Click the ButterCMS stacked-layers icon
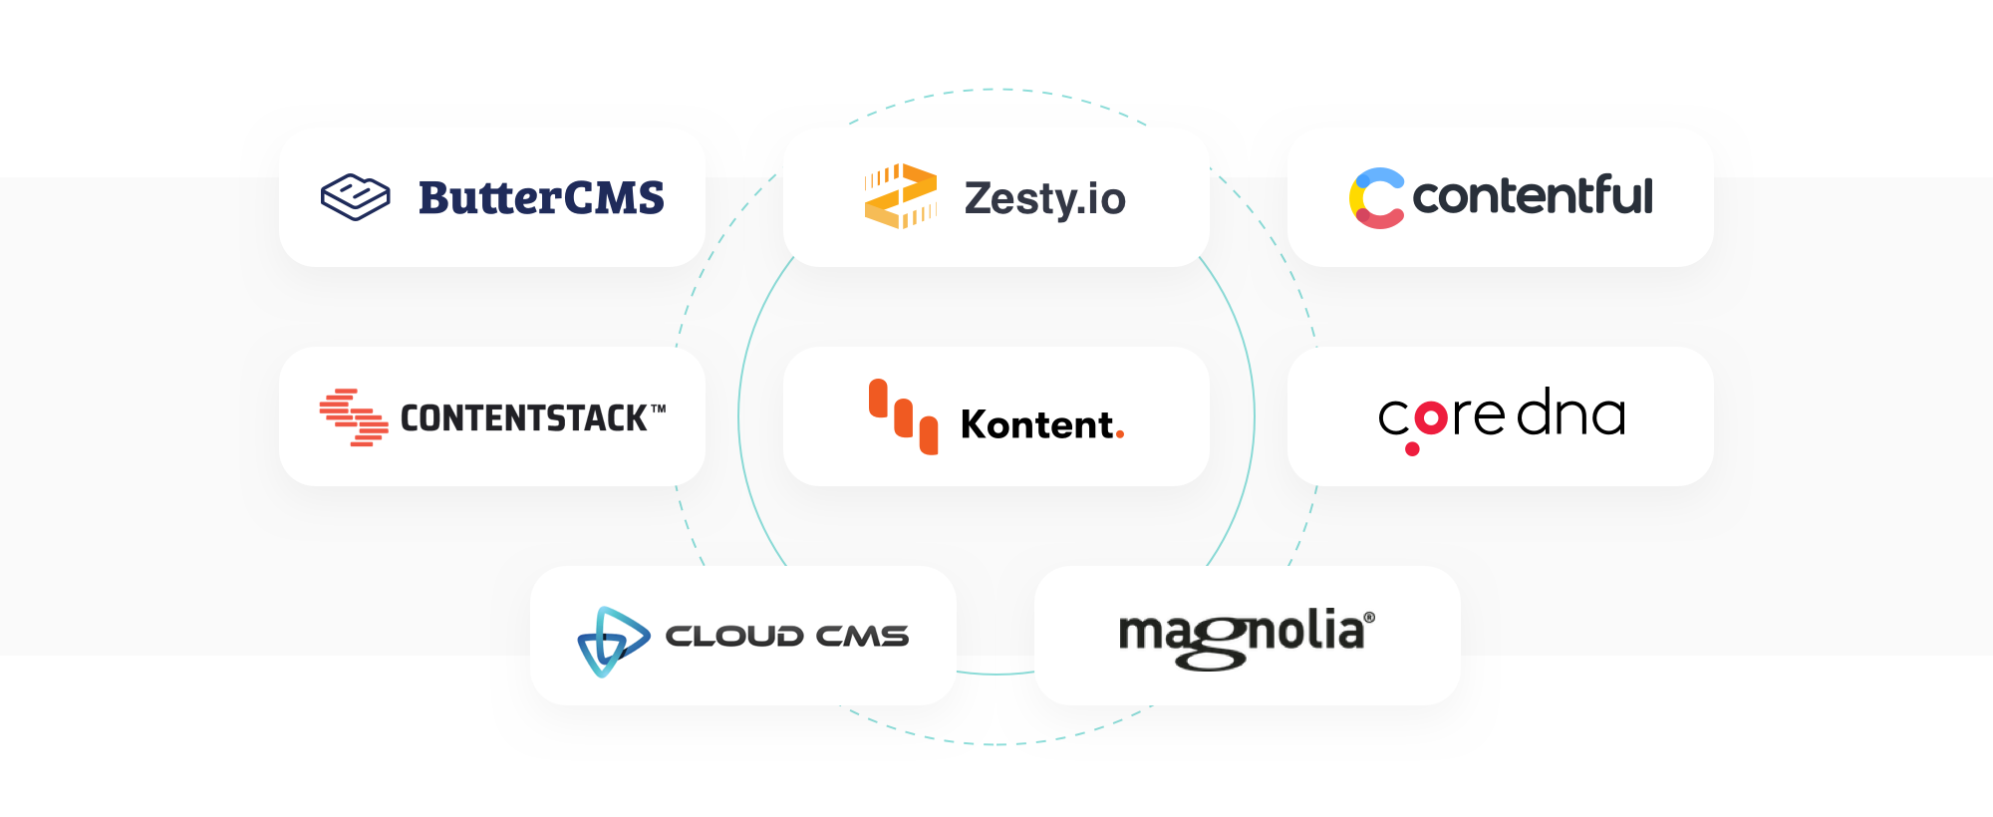[x=356, y=196]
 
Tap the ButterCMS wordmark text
[x=541, y=197]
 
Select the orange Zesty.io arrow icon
[x=901, y=196]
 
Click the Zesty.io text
[x=1044, y=198]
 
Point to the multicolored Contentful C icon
[x=1377, y=197]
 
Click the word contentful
[x=1533, y=195]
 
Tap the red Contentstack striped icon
[x=354, y=417]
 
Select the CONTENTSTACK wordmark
[x=523, y=418]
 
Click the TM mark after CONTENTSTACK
[x=658, y=408]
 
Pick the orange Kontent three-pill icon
[x=903, y=416]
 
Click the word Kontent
[x=1037, y=424]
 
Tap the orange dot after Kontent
[x=1120, y=433]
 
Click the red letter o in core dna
[x=1431, y=417]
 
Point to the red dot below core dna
[x=1412, y=449]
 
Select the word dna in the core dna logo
[x=1571, y=412]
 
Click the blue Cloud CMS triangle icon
[x=613, y=641]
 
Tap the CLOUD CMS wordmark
[x=787, y=637]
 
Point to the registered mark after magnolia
[x=1369, y=618]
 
